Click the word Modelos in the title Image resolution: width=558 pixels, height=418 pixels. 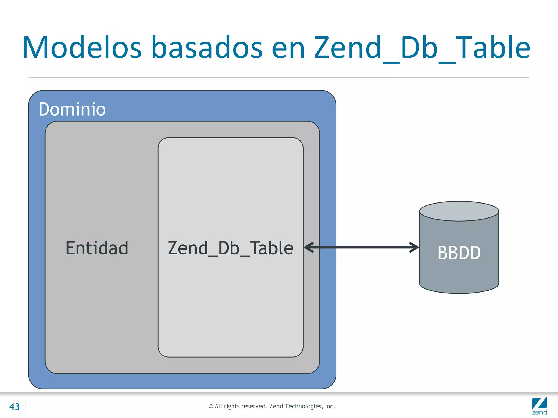click(82, 48)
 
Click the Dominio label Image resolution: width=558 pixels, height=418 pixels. click(72, 109)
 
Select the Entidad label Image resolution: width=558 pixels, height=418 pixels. click(97, 248)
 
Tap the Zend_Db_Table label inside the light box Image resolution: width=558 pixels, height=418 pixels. click(231, 248)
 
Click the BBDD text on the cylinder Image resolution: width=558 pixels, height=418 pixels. click(459, 253)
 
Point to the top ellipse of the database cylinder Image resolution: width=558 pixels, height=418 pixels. click(459, 211)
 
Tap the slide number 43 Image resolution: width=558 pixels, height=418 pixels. click(14, 407)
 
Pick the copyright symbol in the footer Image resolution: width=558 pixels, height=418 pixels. click(211, 407)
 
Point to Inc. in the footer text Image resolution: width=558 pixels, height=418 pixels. click(330, 406)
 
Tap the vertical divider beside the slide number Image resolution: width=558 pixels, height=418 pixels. click(25, 407)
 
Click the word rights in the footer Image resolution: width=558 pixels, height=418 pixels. click(232, 407)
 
